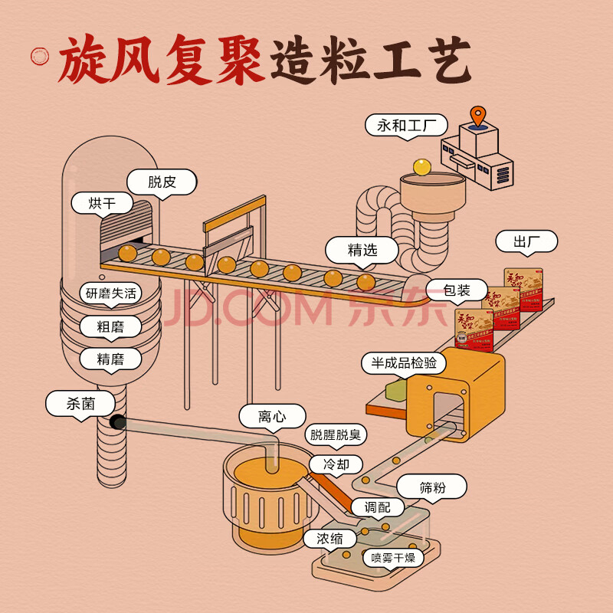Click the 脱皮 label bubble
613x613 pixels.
point(162,182)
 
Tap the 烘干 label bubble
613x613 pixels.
point(102,203)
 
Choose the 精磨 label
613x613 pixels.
point(110,358)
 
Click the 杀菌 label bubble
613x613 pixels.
point(80,403)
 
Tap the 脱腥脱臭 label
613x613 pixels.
point(335,434)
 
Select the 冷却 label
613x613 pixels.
point(336,464)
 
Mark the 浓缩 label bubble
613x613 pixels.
point(329,539)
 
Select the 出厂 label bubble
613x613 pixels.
point(526,242)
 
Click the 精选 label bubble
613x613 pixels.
point(362,250)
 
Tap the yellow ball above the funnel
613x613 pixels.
point(422,166)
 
